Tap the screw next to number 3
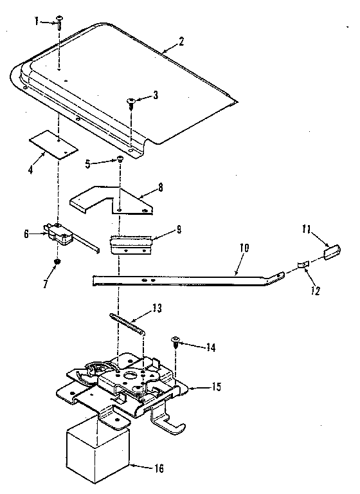click(x=132, y=101)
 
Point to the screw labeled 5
click(x=120, y=161)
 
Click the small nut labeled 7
click(x=58, y=262)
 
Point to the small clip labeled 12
click(x=303, y=264)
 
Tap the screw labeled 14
click(x=175, y=342)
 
